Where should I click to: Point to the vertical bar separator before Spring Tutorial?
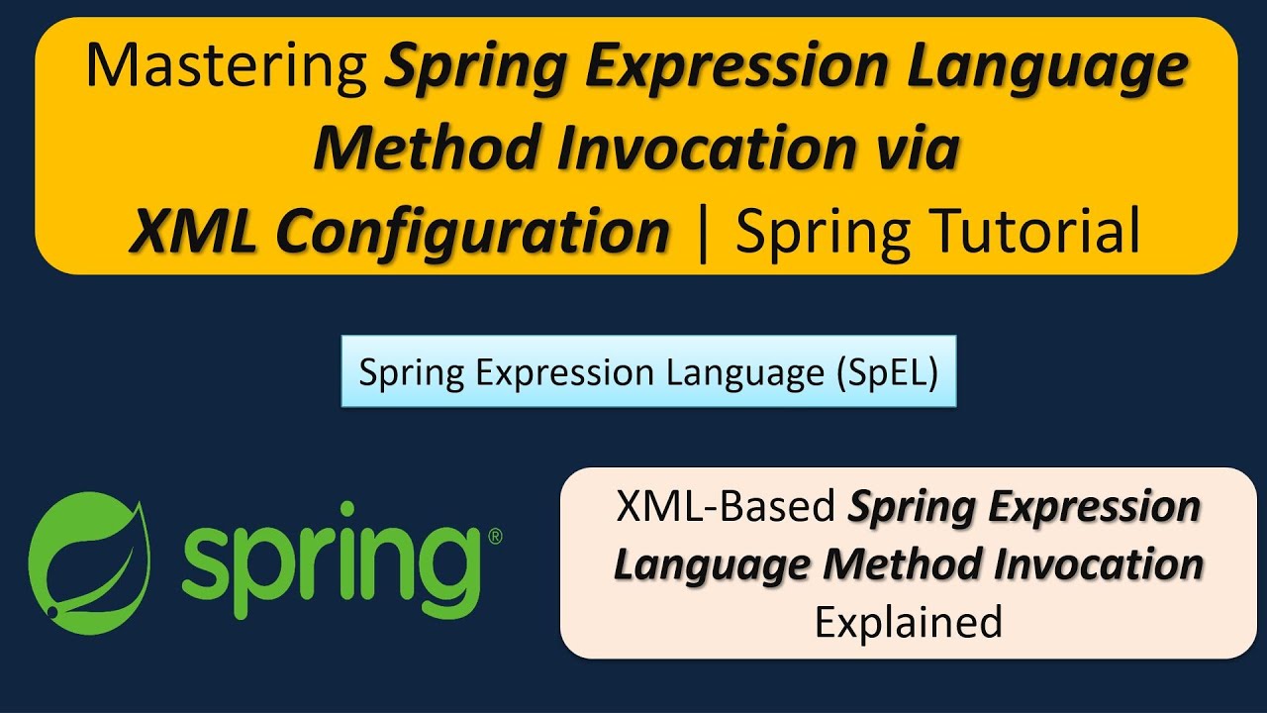click(x=703, y=232)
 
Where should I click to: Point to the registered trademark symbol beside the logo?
click(x=495, y=536)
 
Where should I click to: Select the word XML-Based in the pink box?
click(x=727, y=508)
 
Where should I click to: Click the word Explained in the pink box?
click(x=908, y=622)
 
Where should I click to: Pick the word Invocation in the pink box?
click(x=1099, y=564)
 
